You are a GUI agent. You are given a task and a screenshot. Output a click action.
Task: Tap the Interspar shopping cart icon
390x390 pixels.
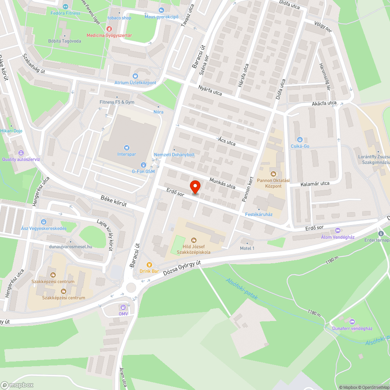[126, 147]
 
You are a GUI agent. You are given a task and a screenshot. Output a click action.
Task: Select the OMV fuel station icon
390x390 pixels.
[123, 307]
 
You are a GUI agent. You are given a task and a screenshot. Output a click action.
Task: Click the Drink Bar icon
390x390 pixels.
[149, 265]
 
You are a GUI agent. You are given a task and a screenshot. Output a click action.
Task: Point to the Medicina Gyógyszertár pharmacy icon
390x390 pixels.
[109, 29]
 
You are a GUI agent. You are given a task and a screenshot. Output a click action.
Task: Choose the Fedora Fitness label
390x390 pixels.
[66, 13]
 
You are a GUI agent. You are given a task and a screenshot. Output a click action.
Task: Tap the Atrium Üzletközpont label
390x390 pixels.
[135, 83]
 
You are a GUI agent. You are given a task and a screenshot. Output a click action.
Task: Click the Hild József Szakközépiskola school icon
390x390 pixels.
[194, 240]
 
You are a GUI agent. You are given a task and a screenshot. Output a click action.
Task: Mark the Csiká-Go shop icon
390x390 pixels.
[300, 140]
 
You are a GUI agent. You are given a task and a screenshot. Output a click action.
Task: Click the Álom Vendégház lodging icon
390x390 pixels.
[337, 230]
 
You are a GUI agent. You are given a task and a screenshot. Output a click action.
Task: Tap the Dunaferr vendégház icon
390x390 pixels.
[352, 322]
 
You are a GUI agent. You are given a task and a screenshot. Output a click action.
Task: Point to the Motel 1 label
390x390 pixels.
[247, 248]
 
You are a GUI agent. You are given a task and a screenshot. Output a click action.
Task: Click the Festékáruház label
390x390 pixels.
[258, 214]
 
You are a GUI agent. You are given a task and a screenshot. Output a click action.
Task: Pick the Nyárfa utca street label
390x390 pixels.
[210, 91]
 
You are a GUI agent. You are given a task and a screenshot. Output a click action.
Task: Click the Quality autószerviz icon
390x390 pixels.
[21, 153]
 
